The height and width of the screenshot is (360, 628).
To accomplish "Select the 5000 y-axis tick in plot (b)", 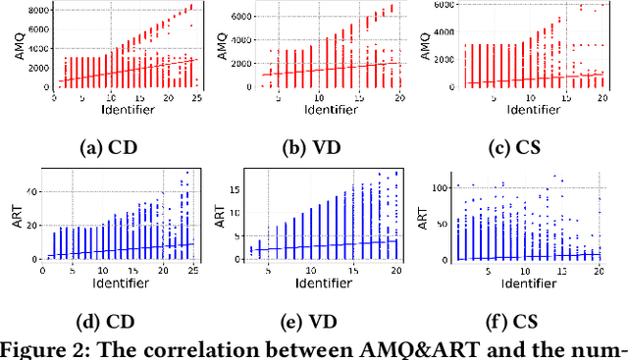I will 247,17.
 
